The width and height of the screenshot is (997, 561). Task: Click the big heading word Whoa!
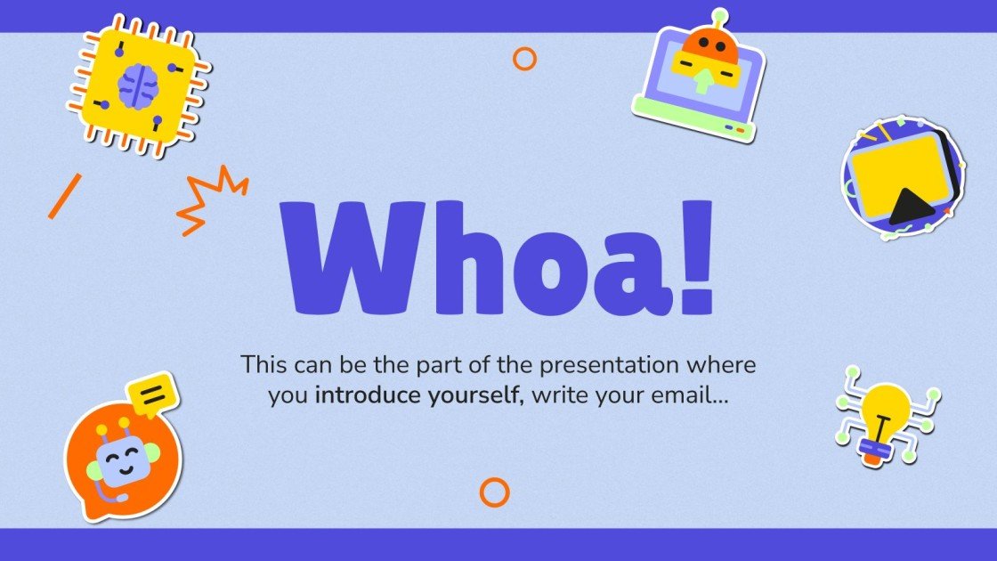[497, 258]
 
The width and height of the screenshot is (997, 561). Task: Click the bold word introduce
[366, 395]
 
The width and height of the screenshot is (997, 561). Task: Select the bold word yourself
[473, 395]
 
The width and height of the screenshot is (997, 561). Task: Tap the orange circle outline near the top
[524, 59]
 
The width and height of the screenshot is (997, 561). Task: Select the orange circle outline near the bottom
[494, 492]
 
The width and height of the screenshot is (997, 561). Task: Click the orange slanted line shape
[65, 196]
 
